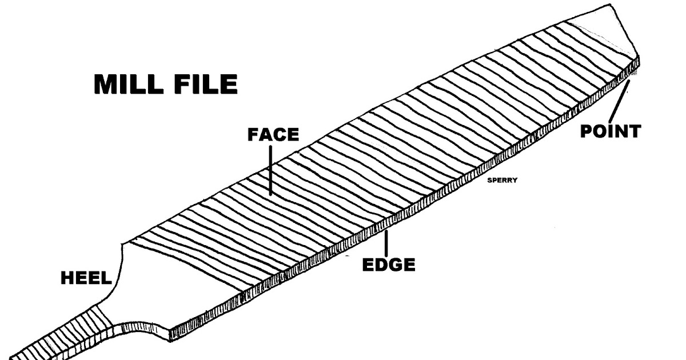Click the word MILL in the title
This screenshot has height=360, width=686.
point(130,85)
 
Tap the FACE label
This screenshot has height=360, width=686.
point(273,135)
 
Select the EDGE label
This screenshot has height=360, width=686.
point(389,265)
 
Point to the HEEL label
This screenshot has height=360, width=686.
point(85,279)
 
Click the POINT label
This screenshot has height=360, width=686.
point(610,132)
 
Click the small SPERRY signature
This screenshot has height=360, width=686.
point(502,179)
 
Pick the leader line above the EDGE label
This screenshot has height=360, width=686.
point(387,243)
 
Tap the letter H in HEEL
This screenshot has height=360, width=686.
point(67,279)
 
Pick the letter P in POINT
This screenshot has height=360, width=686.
point(587,132)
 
